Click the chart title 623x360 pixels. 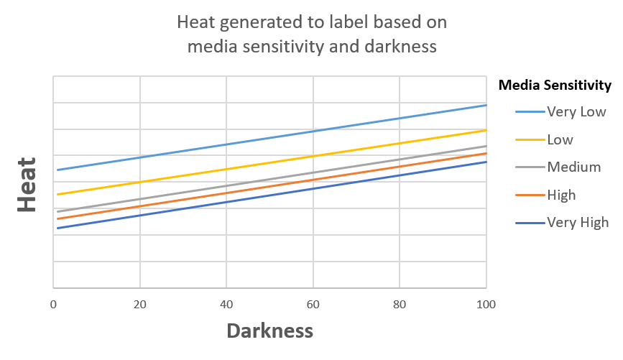point(312,34)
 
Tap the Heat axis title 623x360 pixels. point(27,185)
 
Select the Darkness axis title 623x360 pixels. point(270,331)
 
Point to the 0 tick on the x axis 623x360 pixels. point(54,304)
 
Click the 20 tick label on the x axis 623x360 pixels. point(140,304)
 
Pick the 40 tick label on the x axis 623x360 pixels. point(226,304)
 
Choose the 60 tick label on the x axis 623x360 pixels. point(313,304)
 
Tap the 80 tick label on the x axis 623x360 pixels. point(400,304)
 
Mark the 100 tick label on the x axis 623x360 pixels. point(486,304)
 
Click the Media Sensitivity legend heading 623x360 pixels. point(554,86)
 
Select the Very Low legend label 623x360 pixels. point(576,112)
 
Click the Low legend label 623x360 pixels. point(560,139)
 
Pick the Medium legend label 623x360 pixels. point(573,167)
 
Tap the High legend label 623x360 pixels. point(561,195)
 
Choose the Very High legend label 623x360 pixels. point(578,222)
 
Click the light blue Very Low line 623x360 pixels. point(269,138)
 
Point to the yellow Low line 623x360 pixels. point(269,162)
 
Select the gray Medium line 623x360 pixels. point(269,179)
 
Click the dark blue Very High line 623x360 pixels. point(269,195)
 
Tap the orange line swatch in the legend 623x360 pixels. point(528,195)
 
